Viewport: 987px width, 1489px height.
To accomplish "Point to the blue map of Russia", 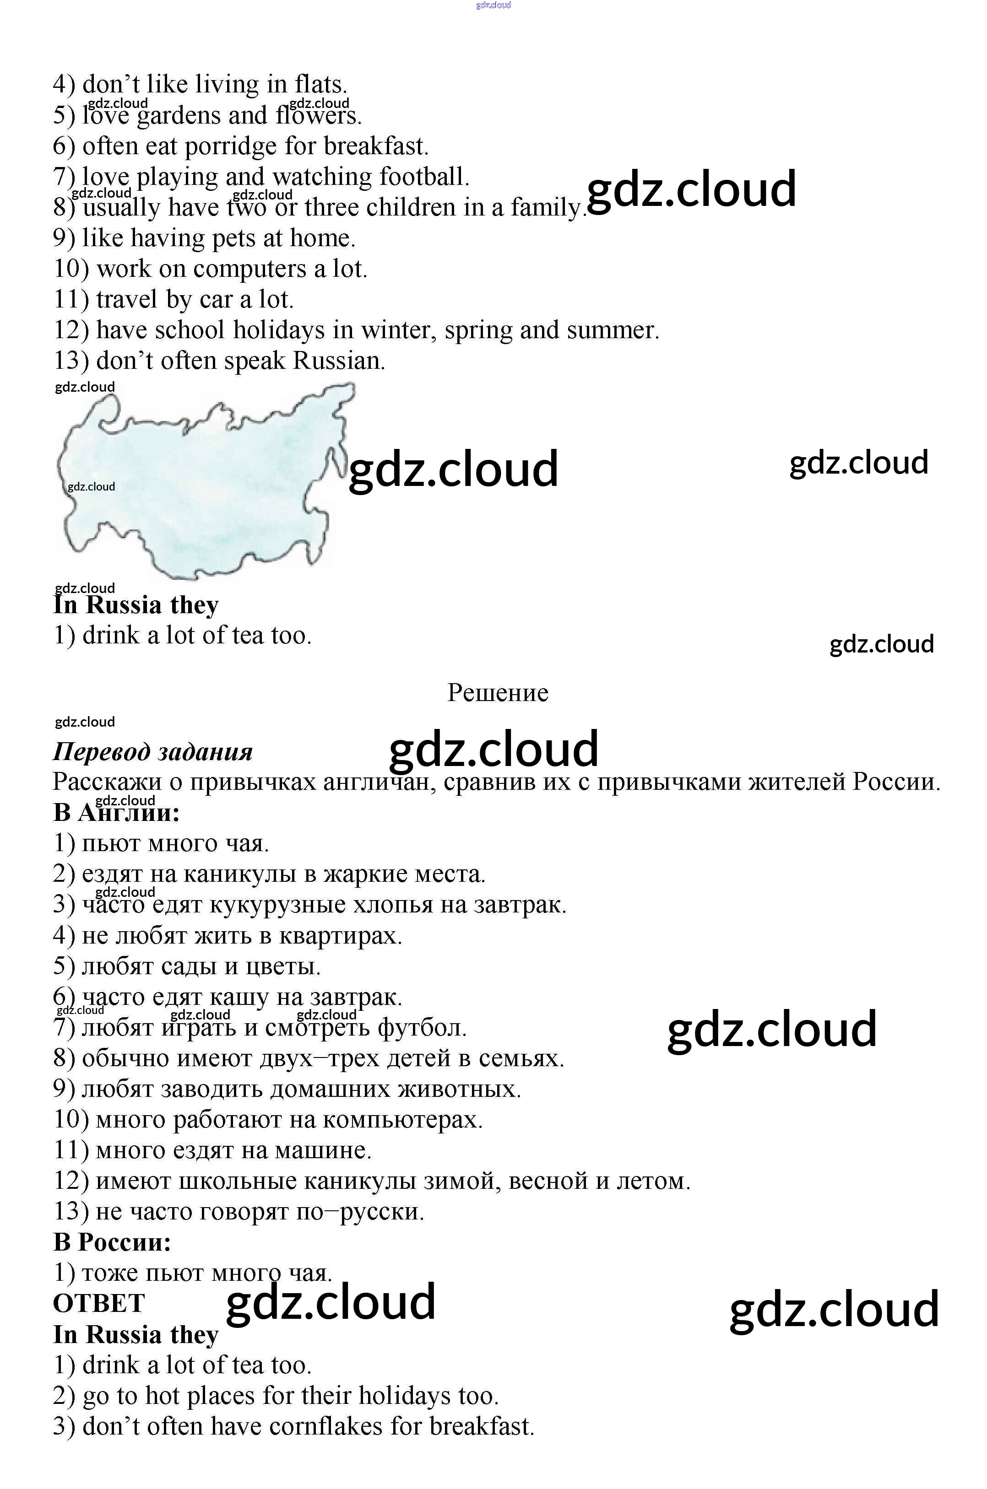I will click(x=201, y=485).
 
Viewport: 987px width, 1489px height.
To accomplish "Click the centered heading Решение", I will click(x=497, y=693).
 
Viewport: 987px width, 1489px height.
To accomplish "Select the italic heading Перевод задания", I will click(x=153, y=752).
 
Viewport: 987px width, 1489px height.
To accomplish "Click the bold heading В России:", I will click(x=112, y=1242).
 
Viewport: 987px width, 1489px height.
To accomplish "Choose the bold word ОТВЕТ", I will click(x=99, y=1303).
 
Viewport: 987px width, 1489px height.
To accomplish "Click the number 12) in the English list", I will click(x=71, y=330).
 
